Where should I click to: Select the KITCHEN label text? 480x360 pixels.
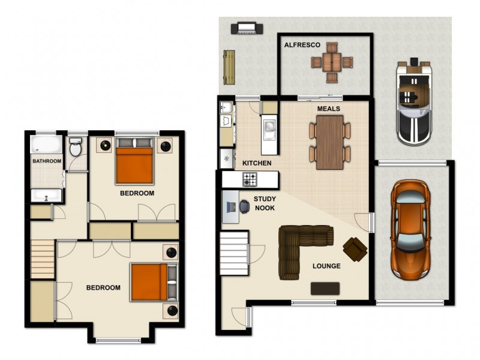257,163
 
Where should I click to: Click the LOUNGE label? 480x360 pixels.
326,266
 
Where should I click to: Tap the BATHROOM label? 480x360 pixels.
47,161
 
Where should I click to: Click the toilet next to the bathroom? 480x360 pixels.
76,147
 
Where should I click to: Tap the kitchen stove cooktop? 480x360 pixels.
249,178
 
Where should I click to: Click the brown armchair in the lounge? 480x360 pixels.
355,248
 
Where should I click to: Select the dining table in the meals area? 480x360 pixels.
329,142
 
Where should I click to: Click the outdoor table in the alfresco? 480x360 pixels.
331,61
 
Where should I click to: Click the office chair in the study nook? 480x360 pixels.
245,206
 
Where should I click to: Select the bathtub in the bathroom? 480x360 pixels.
46,145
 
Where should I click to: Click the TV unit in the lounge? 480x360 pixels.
325,289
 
